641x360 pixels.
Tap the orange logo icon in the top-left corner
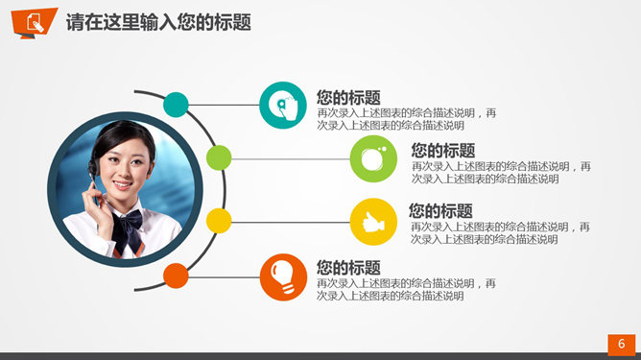[33, 24]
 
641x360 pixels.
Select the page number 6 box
[622, 344]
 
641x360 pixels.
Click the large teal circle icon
[283, 105]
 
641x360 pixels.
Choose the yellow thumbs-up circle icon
[373, 222]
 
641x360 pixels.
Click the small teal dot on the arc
[176, 104]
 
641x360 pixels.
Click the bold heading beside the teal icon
[348, 97]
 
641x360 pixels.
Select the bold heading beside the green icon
[442, 151]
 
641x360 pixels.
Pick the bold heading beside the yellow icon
[440, 211]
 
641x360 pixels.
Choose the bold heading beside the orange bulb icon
[348, 268]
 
